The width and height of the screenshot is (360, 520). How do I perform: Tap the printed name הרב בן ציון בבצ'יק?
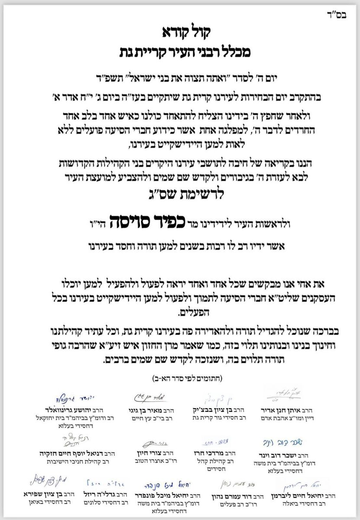(x=223, y=409)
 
